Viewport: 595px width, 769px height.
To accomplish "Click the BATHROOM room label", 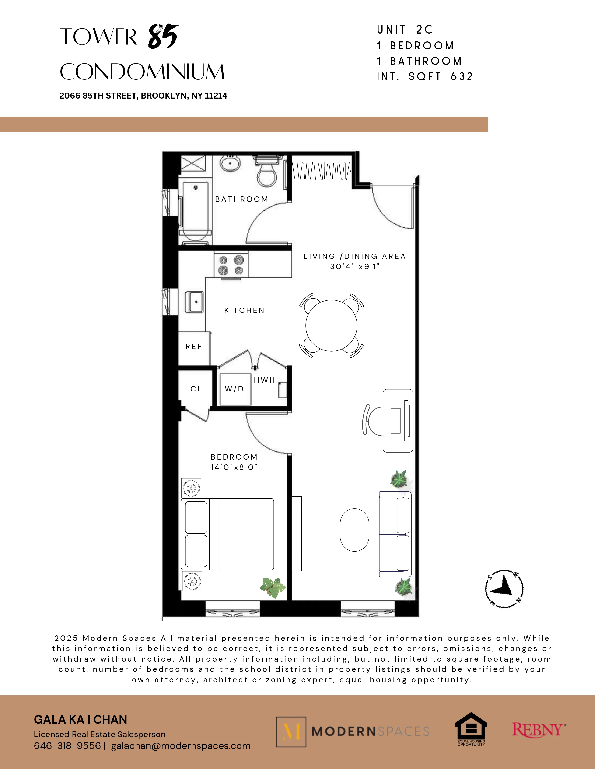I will pos(241,199).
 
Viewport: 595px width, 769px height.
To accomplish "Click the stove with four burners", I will pos(231,265).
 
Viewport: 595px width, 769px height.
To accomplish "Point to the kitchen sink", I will pos(194,302).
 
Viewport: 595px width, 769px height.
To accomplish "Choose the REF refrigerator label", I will pos(193,347).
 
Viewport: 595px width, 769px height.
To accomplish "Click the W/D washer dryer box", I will pos(235,389).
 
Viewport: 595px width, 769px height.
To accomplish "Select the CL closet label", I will pos(196,389).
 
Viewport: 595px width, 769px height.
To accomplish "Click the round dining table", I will pos(331,326).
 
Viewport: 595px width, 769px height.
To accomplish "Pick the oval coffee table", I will pos(354,530).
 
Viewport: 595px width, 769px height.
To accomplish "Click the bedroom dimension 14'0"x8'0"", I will pos(234,467).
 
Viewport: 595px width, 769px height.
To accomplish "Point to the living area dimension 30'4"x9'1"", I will pos(354,267).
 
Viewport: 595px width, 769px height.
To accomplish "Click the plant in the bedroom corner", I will pos(273,587).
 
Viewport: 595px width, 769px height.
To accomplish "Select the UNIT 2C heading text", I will pos(404,30).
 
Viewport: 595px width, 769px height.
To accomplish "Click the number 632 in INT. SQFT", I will pos(461,76).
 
